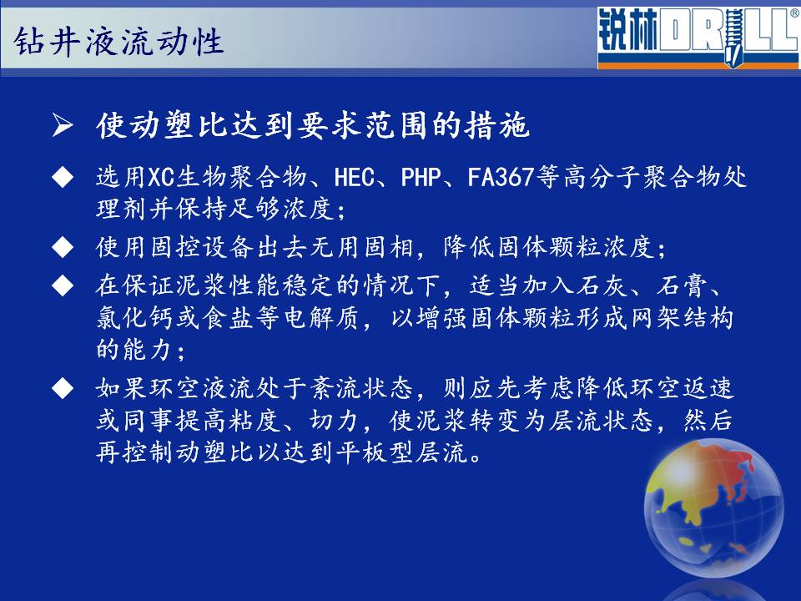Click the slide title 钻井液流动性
pos(118,41)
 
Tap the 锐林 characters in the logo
pos(628,30)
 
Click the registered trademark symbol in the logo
pos(795,13)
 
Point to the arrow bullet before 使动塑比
pos(63,125)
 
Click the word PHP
pos(421,178)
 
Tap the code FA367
pos(501,178)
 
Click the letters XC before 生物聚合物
pos(161,178)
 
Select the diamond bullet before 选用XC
pos(63,178)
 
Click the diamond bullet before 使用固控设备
pos(63,247)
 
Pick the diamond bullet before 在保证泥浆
pos(63,285)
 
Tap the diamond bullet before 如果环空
pos(63,388)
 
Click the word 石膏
pos(682,285)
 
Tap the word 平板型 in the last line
pos(375,452)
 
